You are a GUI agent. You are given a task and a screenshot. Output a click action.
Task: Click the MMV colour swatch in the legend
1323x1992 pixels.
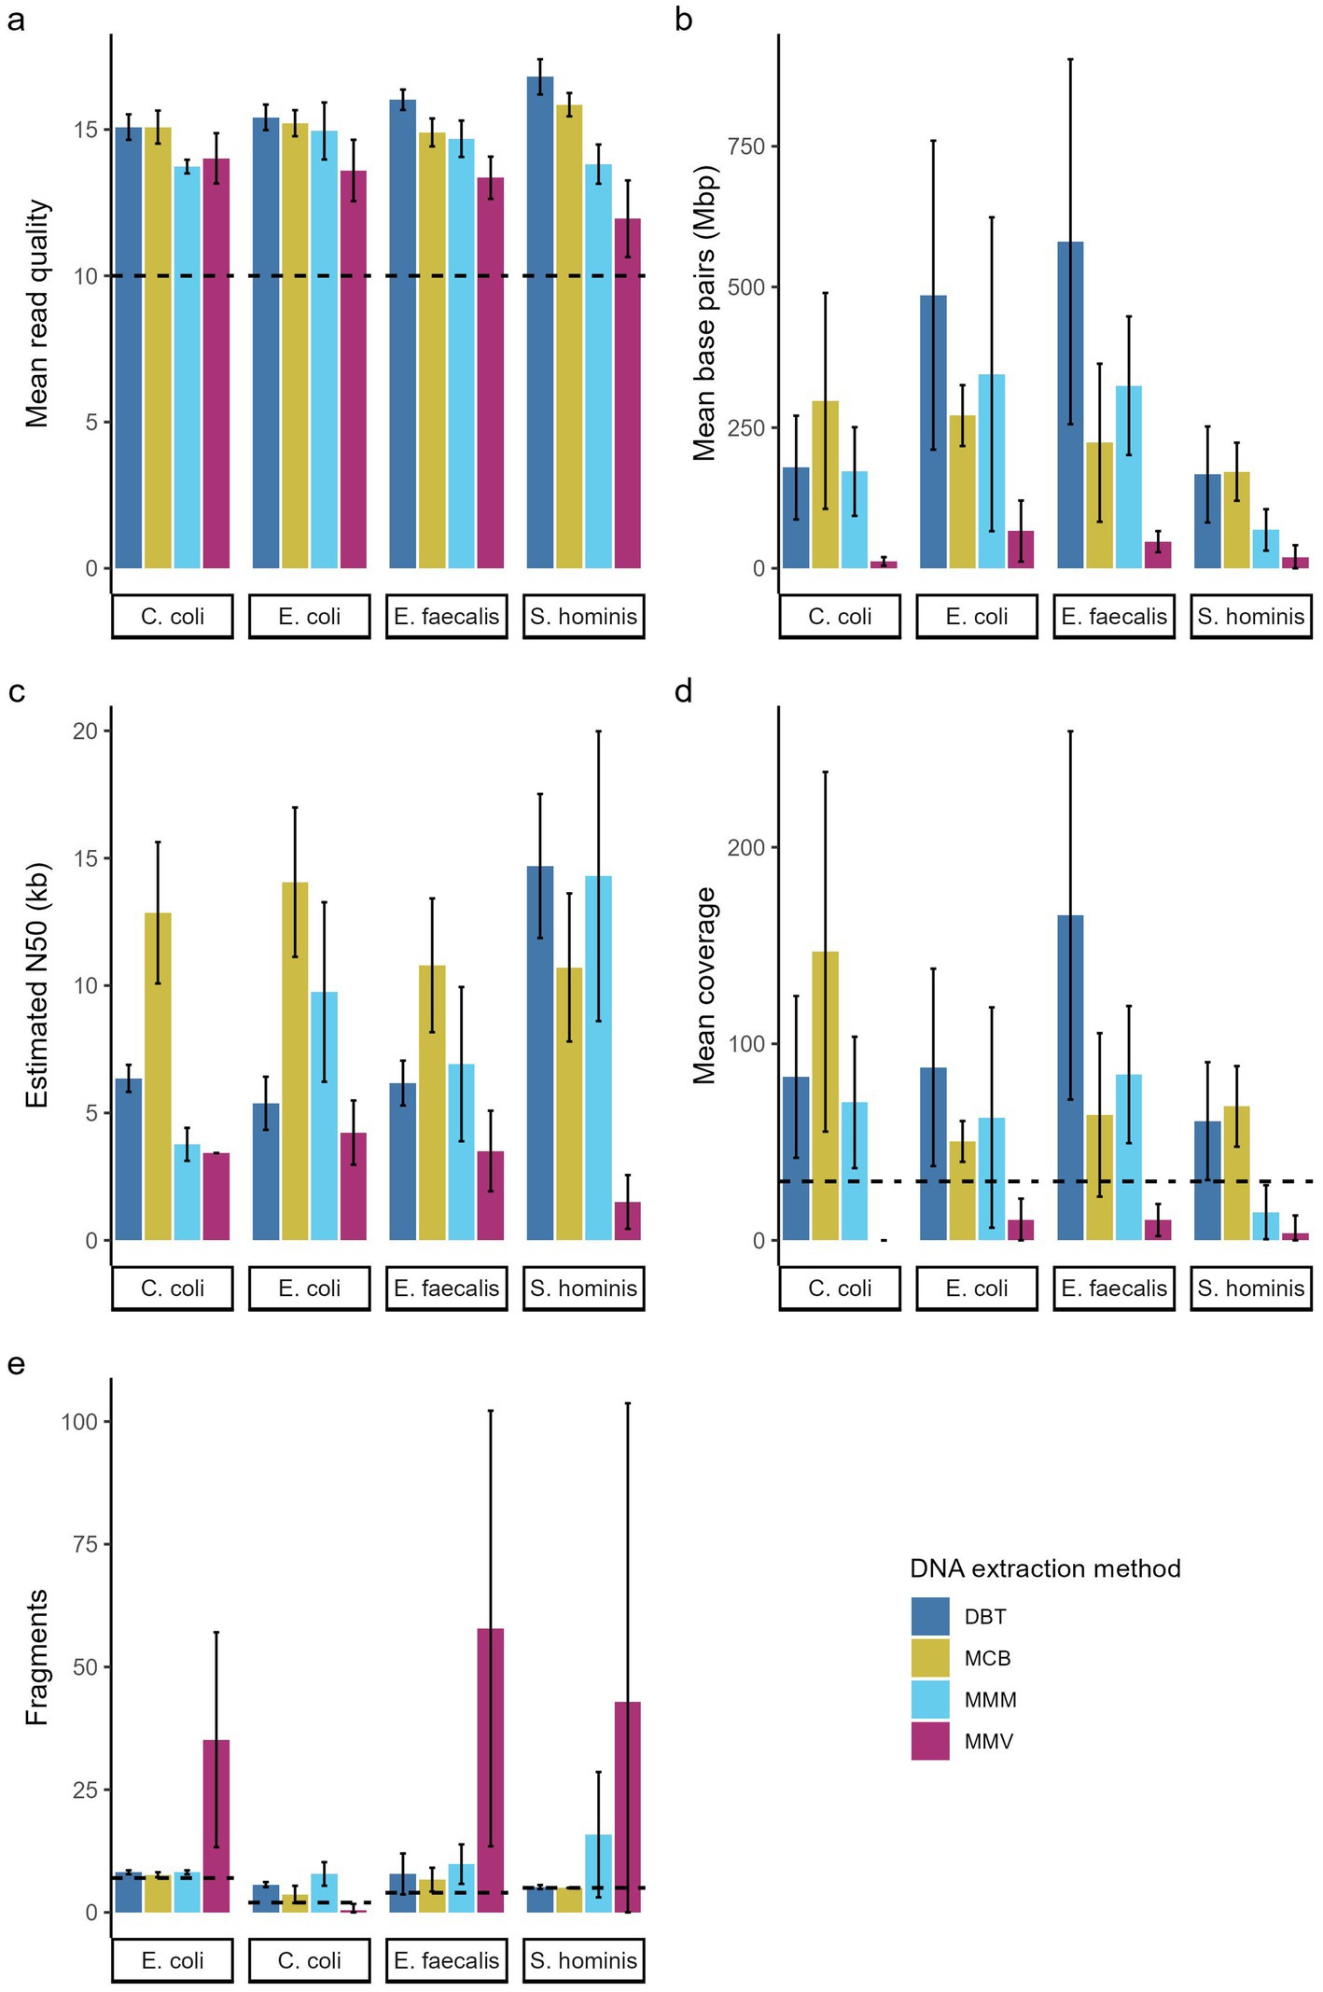point(929,1741)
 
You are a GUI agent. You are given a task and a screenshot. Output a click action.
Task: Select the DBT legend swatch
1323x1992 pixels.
point(929,1617)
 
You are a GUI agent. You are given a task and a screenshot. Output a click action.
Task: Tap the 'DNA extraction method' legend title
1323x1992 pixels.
point(1045,1568)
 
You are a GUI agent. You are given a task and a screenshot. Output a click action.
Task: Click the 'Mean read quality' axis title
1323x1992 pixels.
point(37,313)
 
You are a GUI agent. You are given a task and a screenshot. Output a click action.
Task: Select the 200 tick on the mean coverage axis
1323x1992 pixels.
point(745,847)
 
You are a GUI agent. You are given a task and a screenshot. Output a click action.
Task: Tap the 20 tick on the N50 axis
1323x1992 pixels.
point(85,731)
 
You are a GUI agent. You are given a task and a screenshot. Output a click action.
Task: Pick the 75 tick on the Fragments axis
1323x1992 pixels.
point(85,1544)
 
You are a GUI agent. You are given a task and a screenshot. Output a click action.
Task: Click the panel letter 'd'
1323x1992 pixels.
point(684,692)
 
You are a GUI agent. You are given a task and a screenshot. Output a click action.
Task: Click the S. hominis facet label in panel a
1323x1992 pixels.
point(584,617)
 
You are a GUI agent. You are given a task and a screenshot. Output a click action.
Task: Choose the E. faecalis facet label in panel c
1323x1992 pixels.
point(447,1289)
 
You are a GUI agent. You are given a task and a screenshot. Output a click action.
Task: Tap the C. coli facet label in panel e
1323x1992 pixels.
point(310,1960)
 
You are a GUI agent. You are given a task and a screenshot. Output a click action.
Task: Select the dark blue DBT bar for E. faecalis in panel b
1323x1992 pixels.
point(1070,405)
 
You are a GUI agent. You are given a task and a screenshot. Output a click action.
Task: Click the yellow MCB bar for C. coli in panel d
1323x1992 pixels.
point(825,1095)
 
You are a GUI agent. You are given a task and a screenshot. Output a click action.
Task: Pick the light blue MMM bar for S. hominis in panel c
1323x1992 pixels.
point(598,1058)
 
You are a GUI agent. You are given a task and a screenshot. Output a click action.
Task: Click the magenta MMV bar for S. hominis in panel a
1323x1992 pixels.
point(628,393)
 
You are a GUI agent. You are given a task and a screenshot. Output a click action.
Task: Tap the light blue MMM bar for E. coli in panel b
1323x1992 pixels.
point(992,471)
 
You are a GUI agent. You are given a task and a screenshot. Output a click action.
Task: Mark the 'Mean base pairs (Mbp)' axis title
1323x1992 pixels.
point(705,313)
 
